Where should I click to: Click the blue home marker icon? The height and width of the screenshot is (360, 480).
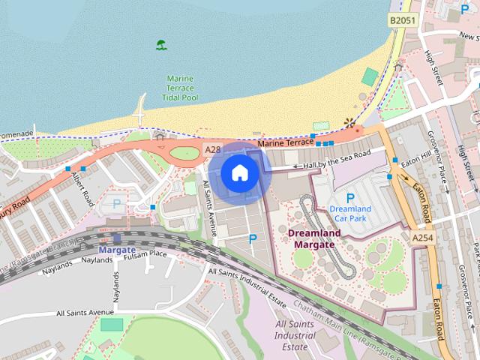point(239,173)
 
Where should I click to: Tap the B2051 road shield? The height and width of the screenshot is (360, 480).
point(403,20)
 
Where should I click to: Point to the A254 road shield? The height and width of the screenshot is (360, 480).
point(423,237)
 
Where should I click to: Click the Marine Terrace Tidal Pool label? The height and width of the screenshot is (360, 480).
point(180,88)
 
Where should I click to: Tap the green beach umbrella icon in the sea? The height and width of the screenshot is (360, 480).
point(161,45)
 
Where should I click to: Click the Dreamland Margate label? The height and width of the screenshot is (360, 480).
point(313,238)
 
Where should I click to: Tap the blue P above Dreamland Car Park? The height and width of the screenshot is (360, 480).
point(349,198)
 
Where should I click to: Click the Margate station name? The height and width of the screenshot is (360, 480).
point(117,250)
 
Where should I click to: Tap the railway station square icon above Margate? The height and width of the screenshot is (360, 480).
point(116,238)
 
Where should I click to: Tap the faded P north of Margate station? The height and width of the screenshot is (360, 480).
point(116,202)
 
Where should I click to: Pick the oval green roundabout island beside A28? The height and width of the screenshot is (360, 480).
point(184,154)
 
